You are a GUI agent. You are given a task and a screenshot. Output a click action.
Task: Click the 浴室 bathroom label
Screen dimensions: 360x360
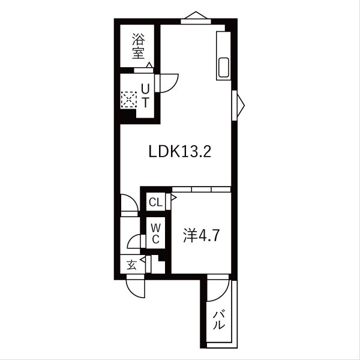[x=139, y=46]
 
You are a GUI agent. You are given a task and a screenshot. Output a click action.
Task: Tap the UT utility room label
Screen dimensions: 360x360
[x=145, y=95]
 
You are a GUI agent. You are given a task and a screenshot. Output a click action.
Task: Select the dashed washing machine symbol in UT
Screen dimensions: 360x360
[x=129, y=99]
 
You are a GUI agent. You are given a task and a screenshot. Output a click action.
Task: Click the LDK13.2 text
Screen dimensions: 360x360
[x=179, y=151]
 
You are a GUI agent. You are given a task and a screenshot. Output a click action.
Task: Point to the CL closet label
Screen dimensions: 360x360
[x=155, y=202]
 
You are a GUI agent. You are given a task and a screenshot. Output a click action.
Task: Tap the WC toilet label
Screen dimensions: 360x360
[x=155, y=233]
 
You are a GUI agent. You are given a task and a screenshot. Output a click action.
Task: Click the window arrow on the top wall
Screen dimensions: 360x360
[x=197, y=16]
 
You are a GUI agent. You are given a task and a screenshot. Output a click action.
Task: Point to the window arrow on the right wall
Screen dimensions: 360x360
[x=240, y=104]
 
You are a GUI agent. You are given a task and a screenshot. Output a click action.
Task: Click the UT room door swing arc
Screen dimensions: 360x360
[x=168, y=83]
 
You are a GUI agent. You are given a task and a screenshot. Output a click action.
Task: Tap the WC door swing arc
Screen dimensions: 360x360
[x=134, y=242]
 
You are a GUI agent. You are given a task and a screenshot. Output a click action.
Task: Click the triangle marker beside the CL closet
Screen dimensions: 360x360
[x=174, y=196]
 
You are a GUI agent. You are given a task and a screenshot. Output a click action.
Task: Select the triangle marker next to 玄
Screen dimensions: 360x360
[x=143, y=261]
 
